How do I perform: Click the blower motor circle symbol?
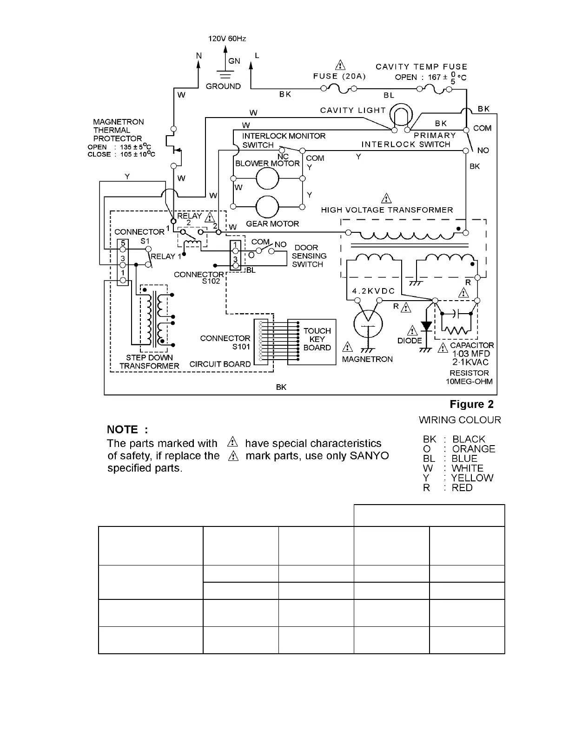[268, 178]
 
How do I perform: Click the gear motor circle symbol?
[268, 206]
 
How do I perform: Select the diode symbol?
[426, 327]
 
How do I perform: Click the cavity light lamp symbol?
[401, 115]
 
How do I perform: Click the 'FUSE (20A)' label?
[339, 76]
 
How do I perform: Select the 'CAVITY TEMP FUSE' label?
[421, 67]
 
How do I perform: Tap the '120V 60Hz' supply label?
[227, 39]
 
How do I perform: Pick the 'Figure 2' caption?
[471, 404]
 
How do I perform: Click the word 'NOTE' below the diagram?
[123, 429]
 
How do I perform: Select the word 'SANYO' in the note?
[369, 456]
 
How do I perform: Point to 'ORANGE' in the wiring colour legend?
[473, 449]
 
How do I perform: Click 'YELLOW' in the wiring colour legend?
[472, 478]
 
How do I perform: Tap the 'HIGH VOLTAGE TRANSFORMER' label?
[387, 210]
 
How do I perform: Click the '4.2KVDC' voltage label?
[373, 291]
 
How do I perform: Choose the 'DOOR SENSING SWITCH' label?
[309, 256]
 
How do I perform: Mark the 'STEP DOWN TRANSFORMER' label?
[149, 362]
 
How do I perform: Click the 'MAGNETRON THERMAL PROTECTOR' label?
[118, 130]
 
